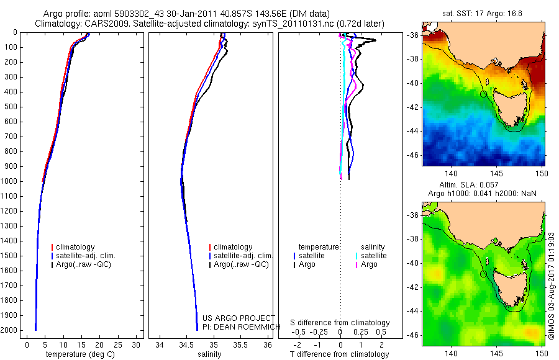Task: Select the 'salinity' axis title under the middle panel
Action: (209, 354)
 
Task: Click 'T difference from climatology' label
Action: (340, 354)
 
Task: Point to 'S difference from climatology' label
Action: (340, 323)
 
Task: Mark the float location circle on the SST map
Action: (483, 94)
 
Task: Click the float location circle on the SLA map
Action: (483, 274)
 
